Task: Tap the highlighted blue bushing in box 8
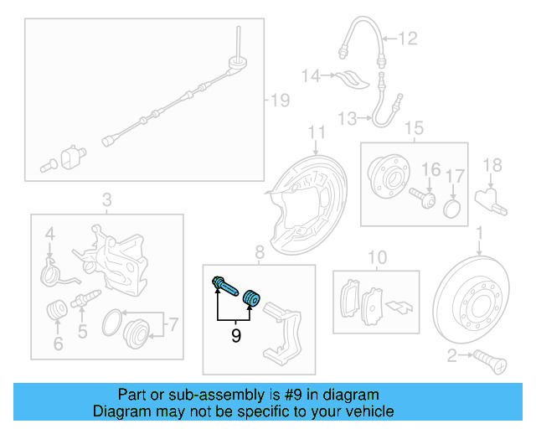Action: tap(250, 297)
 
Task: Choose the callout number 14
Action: tap(312, 76)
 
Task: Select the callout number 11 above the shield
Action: tap(316, 132)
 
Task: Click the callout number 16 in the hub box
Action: tap(430, 171)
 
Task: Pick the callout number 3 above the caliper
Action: tap(106, 199)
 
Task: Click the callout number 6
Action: tap(58, 344)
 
